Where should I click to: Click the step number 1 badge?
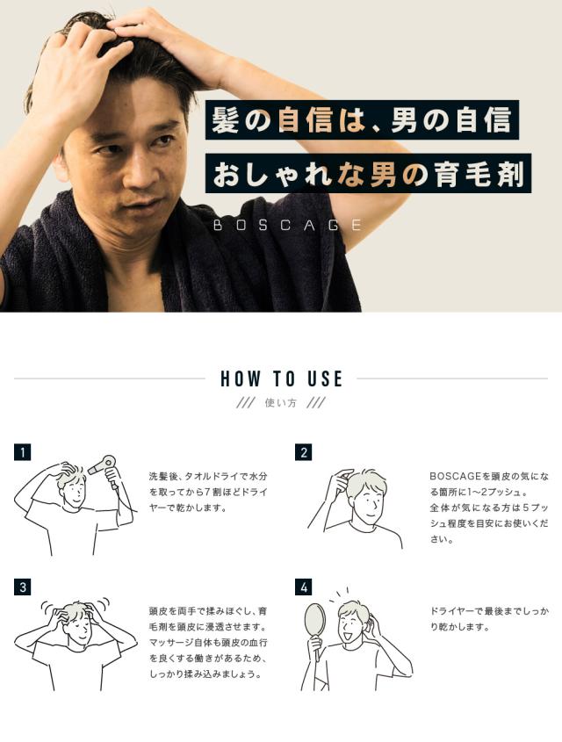coord(22,452)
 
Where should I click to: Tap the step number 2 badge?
coord(303,452)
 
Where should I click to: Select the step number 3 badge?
coord(22,587)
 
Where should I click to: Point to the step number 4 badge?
coord(303,587)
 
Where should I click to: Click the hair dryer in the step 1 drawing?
coord(105,469)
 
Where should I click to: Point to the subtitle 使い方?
coord(280,403)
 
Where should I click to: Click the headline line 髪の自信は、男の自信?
coord(362,119)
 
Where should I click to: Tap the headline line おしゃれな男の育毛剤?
coord(368,173)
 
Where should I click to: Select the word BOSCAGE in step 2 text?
coord(455,476)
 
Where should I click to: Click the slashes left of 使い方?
coord(245,403)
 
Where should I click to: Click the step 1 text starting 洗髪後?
coord(208,492)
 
